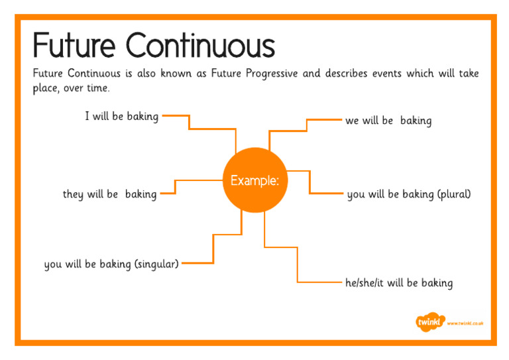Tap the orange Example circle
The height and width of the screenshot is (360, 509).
click(254, 180)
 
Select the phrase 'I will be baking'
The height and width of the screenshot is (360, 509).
click(121, 117)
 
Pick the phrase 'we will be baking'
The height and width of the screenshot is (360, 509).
click(388, 121)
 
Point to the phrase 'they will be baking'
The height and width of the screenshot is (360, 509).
click(109, 194)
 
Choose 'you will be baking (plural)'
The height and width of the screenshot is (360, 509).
click(408, 194)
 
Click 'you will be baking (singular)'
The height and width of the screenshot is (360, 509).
click(111, 264)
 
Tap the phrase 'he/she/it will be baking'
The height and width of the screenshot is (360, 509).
click(398, 283)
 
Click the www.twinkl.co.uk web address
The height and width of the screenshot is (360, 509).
click(465, 323)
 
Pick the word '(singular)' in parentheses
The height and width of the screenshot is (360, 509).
click(156, 264)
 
